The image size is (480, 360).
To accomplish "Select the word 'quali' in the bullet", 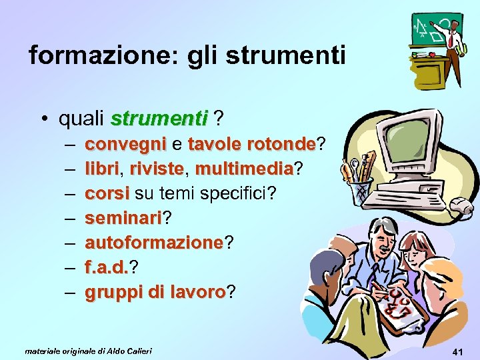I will pos(82,119).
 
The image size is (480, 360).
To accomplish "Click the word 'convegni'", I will pos(126,145).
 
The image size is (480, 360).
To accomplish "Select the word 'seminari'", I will pos(124,219).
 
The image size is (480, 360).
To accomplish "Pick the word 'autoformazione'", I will pos(155,243).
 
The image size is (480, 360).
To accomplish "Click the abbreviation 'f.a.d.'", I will pos(106,268).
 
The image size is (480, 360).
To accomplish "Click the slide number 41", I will pos(457,351).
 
